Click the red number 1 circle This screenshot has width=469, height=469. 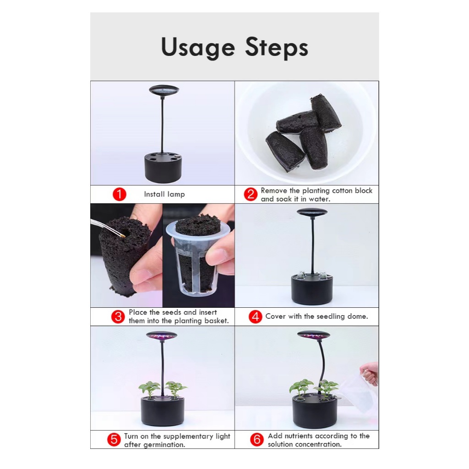pyautogui.click(x=120, y=194)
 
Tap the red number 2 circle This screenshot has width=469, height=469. pyautogui.click(x=251, y=194)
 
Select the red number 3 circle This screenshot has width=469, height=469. pyautogui.click(x=118, y=317)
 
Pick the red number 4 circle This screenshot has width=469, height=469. pyautogui.click(x=256, y=317)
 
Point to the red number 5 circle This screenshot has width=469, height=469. pyautogui.click(x=114, y=440)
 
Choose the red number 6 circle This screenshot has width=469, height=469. pyautogui.click(x=257, y=440)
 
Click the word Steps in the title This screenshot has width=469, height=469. pyautogui.click(x=277, y=47)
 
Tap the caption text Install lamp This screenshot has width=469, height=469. pyautogui.click(x=164, y=194)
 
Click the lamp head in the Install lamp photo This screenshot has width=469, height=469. pyautogui.click(x=164, y=90)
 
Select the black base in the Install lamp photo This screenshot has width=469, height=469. pyautogui.click(x=163, y=168)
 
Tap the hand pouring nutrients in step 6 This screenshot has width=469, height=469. pyautogui.click(x=370, y=373)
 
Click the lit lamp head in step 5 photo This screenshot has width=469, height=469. pyautogui.click(x=162, y=336)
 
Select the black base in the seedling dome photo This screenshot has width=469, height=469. pyautogui.click(x=312, y=289)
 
